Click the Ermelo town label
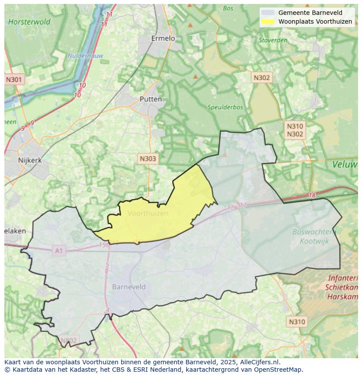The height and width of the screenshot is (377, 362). [x=163, y=39]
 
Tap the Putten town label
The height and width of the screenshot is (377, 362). [x=150, y=99]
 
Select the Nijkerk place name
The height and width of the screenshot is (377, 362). [x=30, y=160]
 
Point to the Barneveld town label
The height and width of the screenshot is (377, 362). [x=129, y=287]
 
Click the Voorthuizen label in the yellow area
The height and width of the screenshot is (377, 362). [x=148, y=213]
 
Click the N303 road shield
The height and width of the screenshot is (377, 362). [x=147, y=159]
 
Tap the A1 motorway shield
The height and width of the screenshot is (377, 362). [x=59, y=251]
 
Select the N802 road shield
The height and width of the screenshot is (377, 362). [x=68, y=340]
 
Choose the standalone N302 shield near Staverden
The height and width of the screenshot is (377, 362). [x=261, y=78]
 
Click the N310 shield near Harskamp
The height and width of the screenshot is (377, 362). [x=297, y=322]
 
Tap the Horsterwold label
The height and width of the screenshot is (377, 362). [x=29, y=21]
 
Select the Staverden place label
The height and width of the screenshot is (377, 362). [x=273, y=40]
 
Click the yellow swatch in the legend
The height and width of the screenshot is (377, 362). [x=268, y=21]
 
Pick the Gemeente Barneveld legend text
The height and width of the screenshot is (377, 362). [x=310, y=13]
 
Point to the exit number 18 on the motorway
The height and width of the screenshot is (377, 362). [x=312, y=195]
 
